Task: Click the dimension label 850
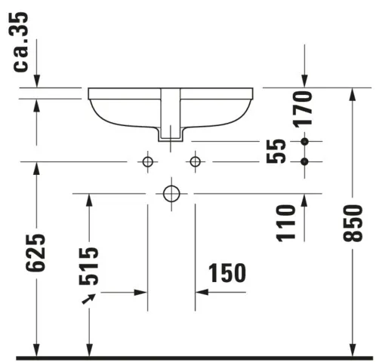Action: [x=353, y=223]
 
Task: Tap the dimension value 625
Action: [x=35, y=253]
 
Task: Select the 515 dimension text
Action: [x=88, y=266]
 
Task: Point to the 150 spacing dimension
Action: [x=227, y=273]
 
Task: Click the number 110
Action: [x=285, y=223]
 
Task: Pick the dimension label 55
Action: [x=276, y=151]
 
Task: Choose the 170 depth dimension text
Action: [x=304, y=109]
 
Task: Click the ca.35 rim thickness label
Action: [x=20, y=41]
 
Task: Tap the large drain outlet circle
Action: [x=171, y=194]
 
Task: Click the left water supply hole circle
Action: [x=147, y=161]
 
